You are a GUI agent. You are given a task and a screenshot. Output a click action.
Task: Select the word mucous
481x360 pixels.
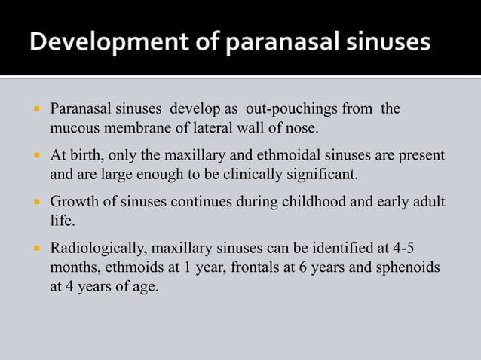pyautogui.click(x=74, y=128)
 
